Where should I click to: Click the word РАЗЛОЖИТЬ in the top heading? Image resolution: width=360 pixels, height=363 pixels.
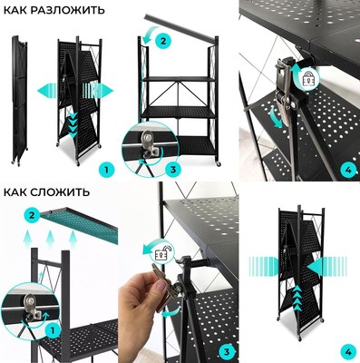67,10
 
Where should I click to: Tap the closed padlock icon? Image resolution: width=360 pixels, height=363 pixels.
308,78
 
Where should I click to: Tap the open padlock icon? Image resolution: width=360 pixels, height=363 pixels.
162,252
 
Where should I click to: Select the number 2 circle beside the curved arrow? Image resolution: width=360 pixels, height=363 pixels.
163,41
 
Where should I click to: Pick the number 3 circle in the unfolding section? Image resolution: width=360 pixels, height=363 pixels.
173,169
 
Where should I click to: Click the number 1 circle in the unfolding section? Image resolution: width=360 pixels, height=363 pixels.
106,170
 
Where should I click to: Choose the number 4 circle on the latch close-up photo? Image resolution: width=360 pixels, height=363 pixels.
348,170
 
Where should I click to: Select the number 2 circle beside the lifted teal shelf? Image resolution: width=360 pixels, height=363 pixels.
33,216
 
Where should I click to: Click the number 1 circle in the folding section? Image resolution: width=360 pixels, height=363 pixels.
53,331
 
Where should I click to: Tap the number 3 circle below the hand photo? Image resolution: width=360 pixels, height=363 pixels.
227,352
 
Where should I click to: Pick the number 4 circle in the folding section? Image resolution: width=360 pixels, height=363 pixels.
348,352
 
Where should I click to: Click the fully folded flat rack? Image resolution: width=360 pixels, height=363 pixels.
20,100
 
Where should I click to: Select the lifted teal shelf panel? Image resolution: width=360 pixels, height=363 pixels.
79,224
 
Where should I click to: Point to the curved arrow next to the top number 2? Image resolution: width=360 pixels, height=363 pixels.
149,34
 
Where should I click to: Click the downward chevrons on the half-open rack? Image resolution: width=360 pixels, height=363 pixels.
73,124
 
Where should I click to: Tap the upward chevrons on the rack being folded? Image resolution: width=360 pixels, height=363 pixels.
297,298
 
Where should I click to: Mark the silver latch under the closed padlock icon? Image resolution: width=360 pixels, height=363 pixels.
284,91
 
